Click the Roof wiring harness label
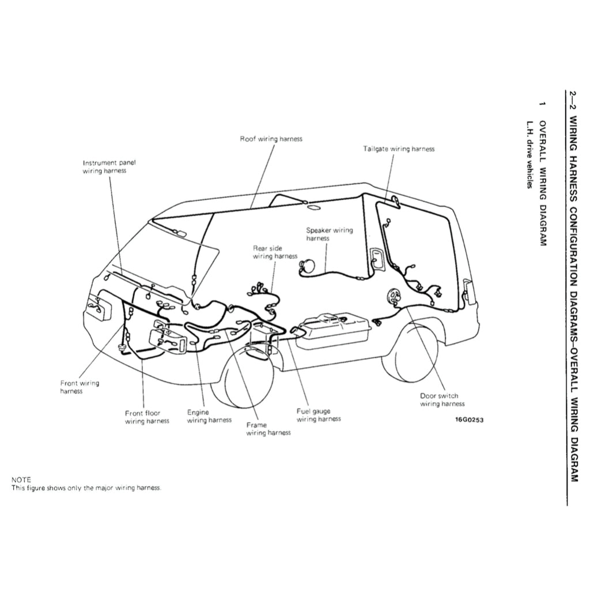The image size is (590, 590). (271, 139)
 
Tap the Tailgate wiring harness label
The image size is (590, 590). (399, 149)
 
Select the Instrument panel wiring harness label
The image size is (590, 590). (109, 167)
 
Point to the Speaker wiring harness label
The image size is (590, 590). (329, 234)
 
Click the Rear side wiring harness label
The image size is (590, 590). (275, 252)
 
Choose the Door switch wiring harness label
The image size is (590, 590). (441, 400)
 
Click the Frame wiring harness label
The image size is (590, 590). (268, 429)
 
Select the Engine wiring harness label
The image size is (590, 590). (209, 417)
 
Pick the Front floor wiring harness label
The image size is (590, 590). (147, 417)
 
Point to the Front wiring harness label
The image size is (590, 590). (80, 387)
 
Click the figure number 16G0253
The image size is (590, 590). (469, 419)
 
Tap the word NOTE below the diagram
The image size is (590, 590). (21, 479)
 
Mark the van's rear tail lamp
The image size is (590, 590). (467, 292)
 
